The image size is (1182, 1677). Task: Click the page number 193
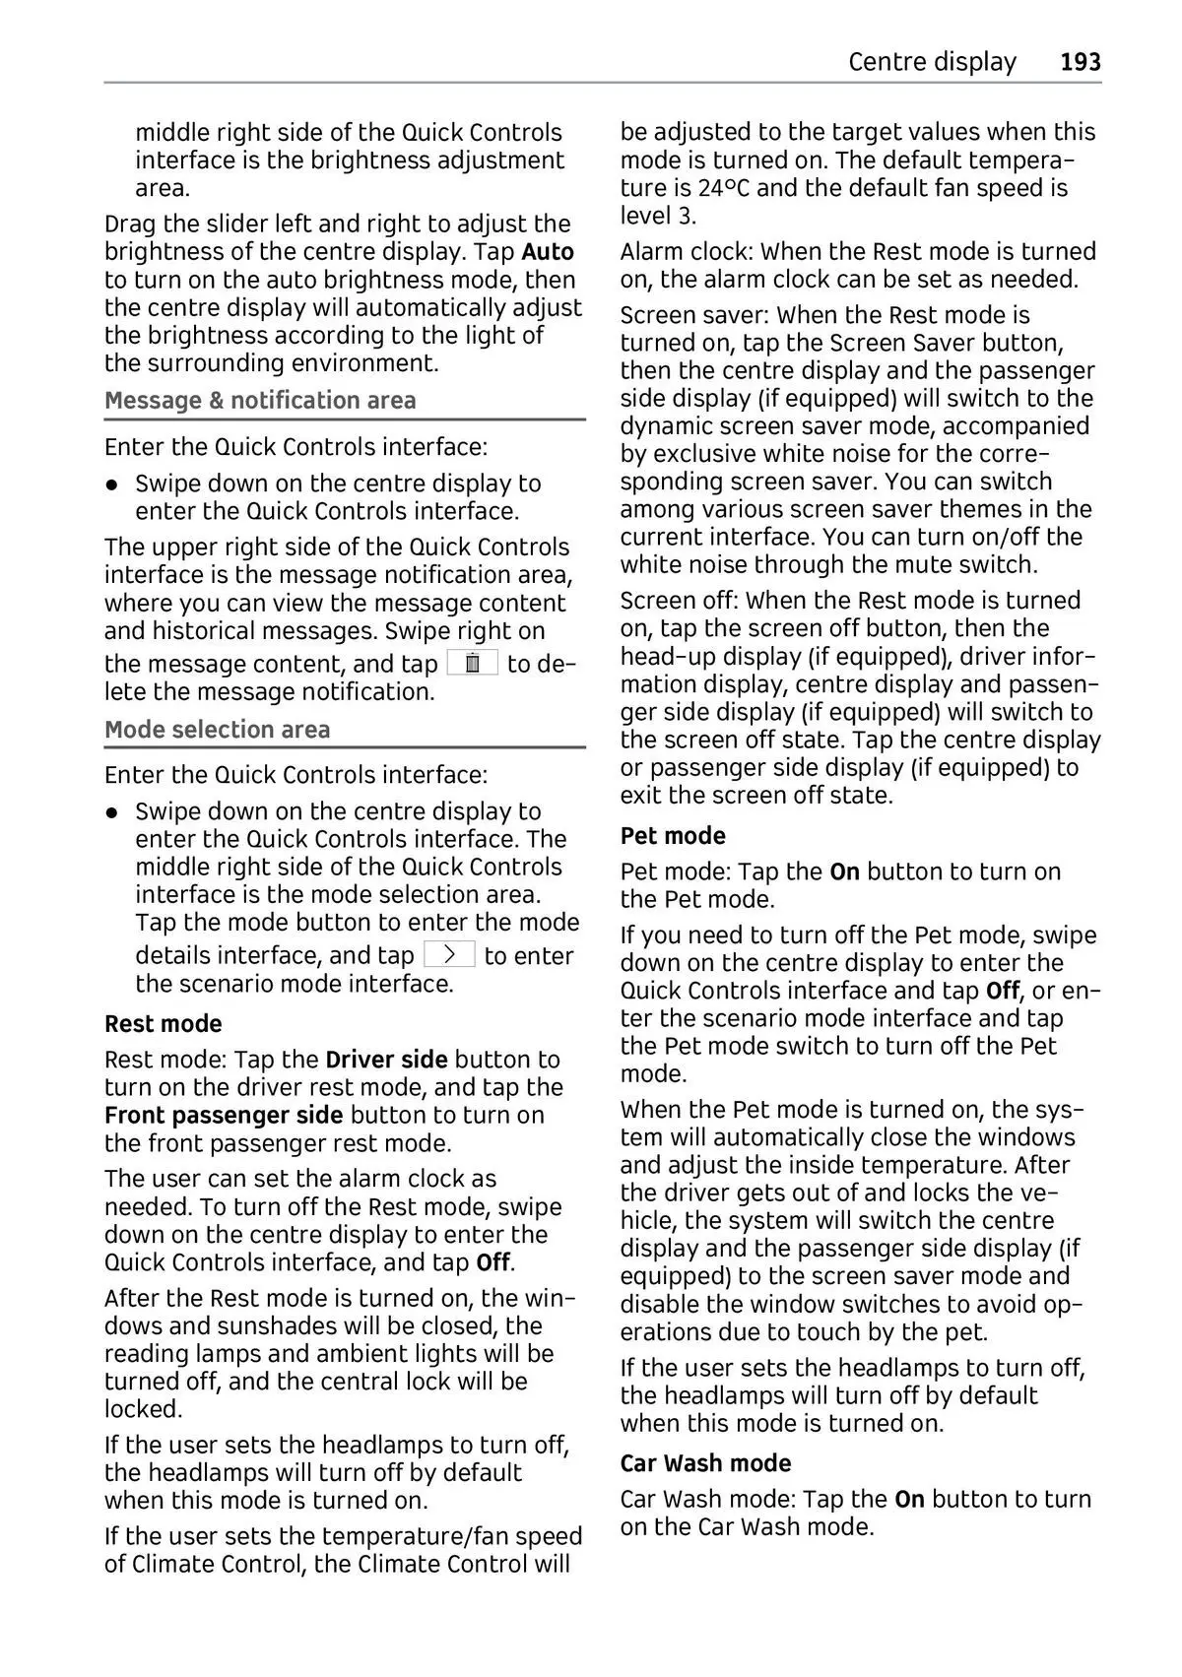(x=1081, y=62)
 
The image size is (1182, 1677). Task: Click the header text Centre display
(x=931, y=62)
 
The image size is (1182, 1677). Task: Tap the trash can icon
(x=473, y=663)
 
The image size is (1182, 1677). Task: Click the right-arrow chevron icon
(x=449, y=954)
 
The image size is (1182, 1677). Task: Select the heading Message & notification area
(x=260, y=400)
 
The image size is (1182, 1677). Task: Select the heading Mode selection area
(x=217, y=729)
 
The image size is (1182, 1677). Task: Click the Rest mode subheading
(x=164, y=1023)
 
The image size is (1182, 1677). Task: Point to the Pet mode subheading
(x=673, y=835)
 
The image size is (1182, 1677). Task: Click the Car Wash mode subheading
(x=705, y=1462)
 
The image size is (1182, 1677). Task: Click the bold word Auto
(x=548, y=251)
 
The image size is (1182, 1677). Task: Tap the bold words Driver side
(x=386, y=1059)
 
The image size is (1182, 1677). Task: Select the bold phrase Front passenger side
(x=224, y=1115)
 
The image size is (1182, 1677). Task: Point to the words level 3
(x=658, y=215)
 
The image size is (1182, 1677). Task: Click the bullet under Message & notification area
(x=114, y=484)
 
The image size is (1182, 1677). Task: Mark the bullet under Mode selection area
(x=114, y=812)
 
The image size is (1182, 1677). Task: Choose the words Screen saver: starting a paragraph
(x=694, y=315)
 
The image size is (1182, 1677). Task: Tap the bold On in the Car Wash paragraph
(x=909, y=1499)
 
